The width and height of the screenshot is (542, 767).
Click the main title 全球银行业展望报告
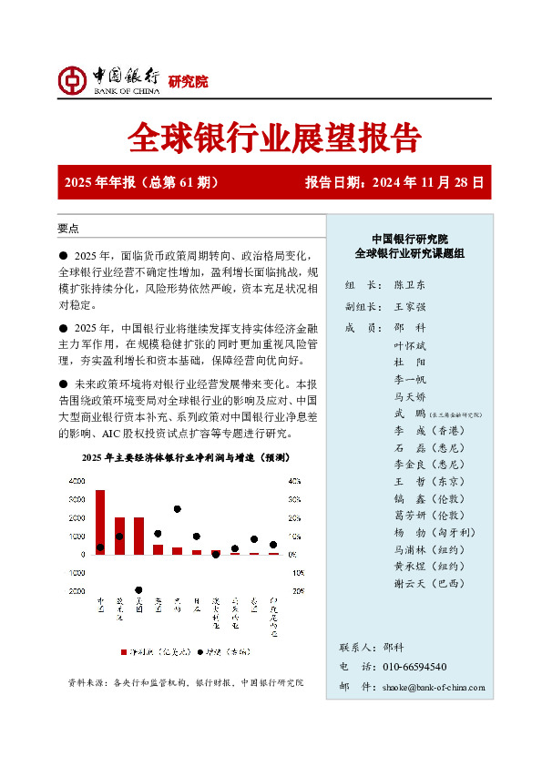pyautogui.click(x=274, y=138)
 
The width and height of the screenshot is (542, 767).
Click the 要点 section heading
pyautogui.click(x=68, y=229)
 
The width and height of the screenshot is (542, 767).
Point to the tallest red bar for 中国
pyautogui.click(x=99, y=522)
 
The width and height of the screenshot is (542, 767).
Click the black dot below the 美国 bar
pyautogui.click(x=138, y=590)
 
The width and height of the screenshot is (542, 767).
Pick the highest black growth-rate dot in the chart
pyautogui.click(x=178, y=509)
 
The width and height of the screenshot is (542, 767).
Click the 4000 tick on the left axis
pyautogui.click(x=77, y=481)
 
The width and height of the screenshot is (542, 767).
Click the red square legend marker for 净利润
pyautogui.click(x=124, y=652)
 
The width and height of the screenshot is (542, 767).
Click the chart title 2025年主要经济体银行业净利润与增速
pyautogui.click(x=185, y=457)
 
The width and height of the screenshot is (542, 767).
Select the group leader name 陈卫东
pyautogui.click(x=410, y=284)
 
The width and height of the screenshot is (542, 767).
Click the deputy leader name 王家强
pyautogui.click(x=410, y=306)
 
